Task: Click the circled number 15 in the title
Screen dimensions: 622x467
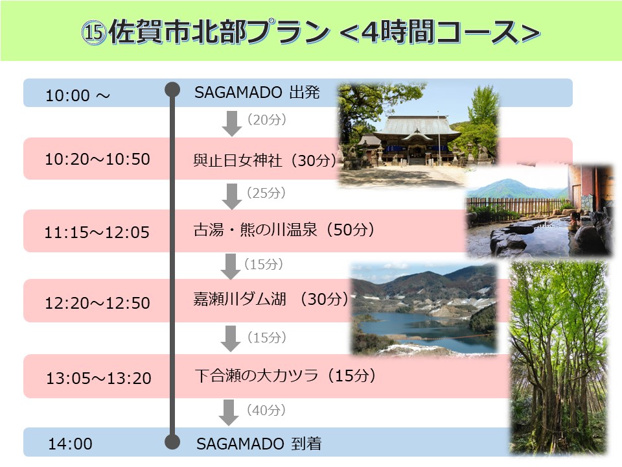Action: tap(93, 32)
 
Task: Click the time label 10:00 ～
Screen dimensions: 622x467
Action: tap(78, 95)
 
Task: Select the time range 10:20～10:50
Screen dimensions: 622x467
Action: tap(98, 160)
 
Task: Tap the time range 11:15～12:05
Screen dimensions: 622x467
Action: tap(97, 232)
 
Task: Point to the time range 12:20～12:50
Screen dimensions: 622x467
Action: tap(98, 303)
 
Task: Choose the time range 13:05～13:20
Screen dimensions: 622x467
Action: tap(98, 378)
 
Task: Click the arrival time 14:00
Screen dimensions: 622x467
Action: tap(70, 444)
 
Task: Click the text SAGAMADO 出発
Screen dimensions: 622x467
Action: tap(257, 93)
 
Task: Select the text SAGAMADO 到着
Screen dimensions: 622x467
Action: tap(259, 444)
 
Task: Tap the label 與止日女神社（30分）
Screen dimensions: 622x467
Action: tap(265, 160)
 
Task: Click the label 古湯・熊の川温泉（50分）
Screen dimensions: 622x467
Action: tap(284, 230)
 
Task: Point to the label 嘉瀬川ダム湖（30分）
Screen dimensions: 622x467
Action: tap(271, 298)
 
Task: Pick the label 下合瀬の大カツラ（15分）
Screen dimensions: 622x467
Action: tap(285, 376)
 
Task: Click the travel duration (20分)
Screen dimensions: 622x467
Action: tap(266, 119)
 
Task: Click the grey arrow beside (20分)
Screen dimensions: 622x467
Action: tap(232, 123)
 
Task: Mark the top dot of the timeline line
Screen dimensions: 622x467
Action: tap(172, 90)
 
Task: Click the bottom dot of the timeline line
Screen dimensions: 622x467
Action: tap(172, 442)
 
